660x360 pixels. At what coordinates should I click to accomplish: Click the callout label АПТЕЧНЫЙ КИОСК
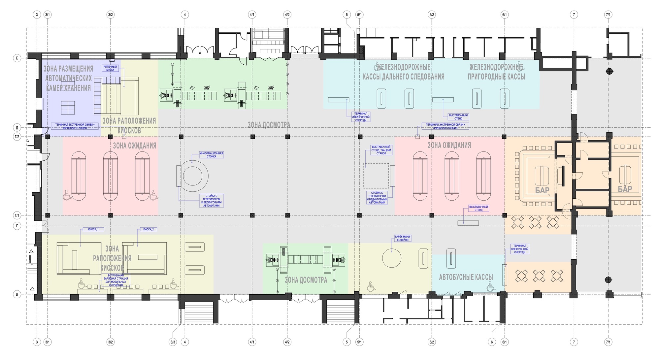point(110,68)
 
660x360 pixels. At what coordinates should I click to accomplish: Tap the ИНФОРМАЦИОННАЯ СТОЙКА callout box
point(212,155)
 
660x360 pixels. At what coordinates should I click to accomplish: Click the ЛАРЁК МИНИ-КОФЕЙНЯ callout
point(403,238)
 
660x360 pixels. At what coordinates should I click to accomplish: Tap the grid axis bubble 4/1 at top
point(252,15)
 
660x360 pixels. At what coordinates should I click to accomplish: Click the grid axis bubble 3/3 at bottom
point(173,342)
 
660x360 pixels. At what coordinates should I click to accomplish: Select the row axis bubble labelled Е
point(17,58)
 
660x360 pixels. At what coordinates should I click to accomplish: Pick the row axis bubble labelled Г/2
point(17,137)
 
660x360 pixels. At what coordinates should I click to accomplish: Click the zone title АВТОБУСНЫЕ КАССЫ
point(466,277)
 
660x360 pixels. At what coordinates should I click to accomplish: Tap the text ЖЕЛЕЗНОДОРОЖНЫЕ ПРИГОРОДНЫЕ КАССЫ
point(496,72)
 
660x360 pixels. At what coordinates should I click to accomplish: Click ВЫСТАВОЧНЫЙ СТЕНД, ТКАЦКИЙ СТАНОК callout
point(381,150)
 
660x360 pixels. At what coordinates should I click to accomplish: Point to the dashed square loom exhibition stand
point(376,176)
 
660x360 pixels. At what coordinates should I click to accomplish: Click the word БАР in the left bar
point(542,190)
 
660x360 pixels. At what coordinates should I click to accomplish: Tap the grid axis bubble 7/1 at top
point(608,15)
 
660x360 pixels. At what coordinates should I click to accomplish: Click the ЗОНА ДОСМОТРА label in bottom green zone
point(306,280)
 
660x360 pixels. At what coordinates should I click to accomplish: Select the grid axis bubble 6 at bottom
point(492,342)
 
